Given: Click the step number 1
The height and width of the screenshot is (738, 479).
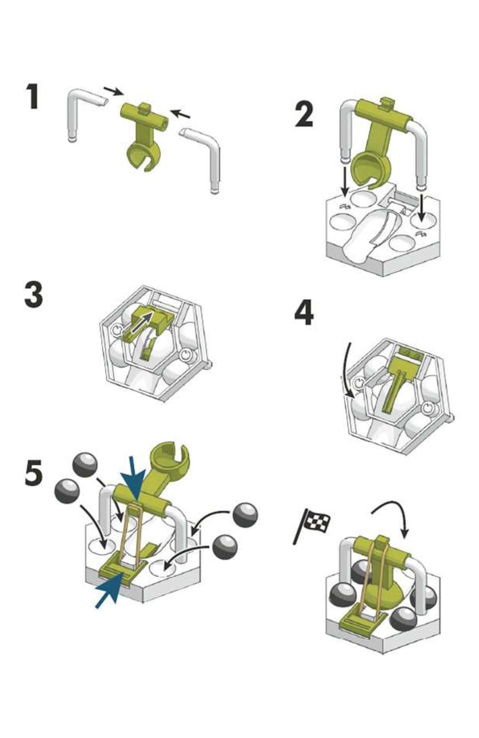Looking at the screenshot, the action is (32, 96).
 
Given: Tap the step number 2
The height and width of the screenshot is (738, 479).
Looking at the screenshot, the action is (303, 114).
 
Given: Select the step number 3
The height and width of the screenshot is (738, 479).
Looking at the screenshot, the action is (33, 295).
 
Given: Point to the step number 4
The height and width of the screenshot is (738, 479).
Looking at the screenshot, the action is (304, 314).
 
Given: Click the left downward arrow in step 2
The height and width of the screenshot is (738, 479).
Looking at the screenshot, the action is (345, 181).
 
